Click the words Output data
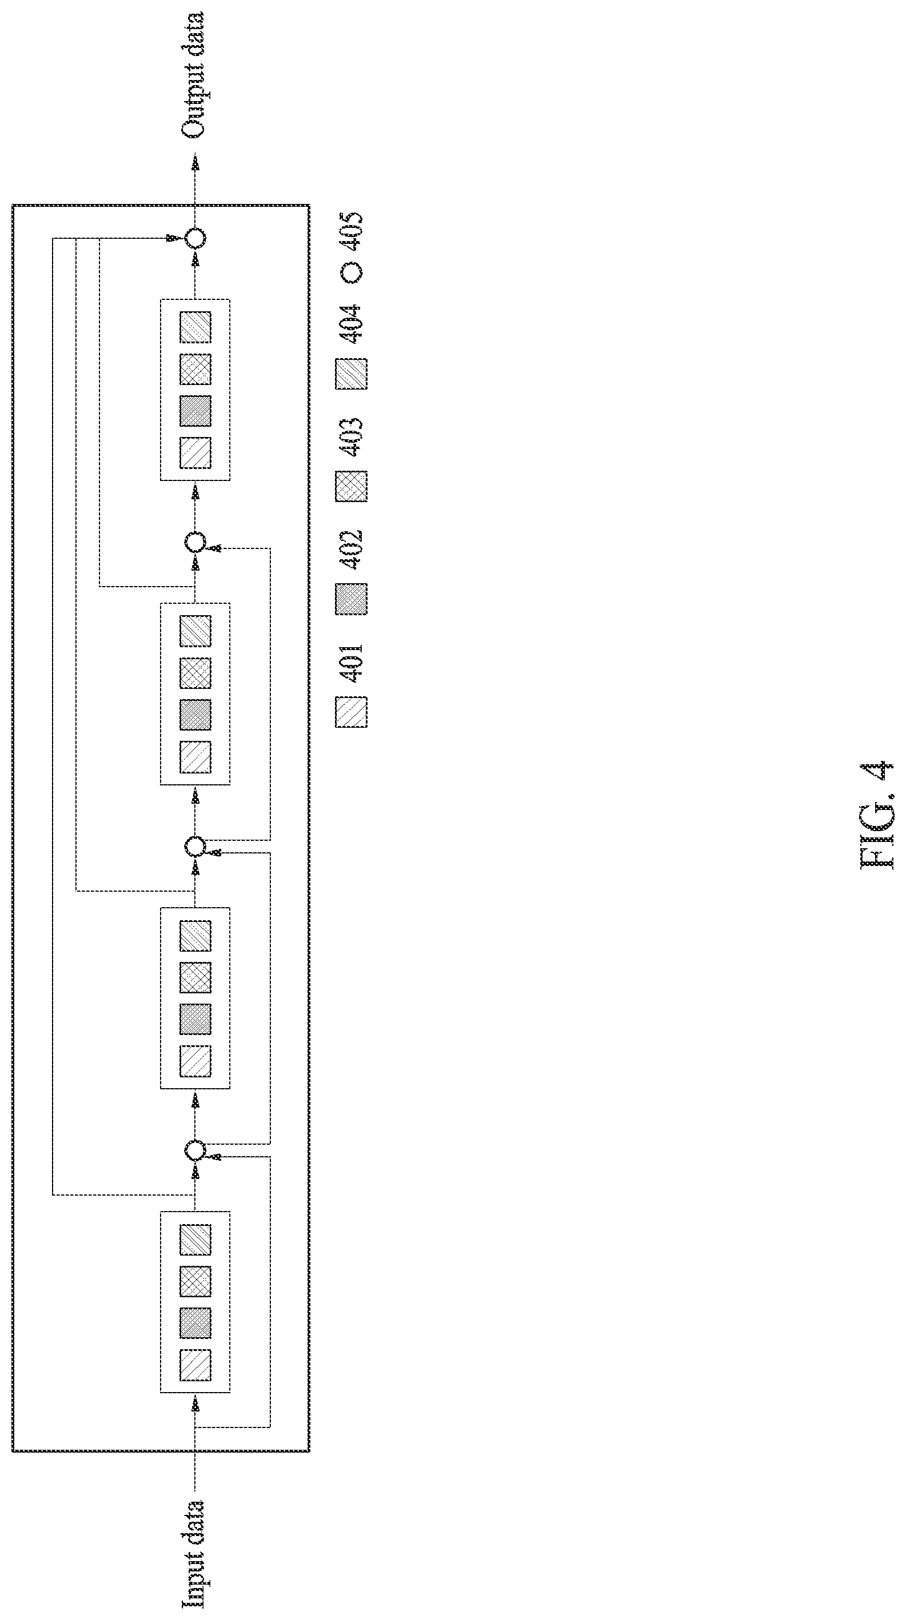coord(194,74)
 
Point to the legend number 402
coord(351,550)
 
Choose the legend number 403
coord(351,436)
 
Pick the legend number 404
coord(351,323)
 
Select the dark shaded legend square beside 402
coord(352,599)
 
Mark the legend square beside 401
coord(352,712)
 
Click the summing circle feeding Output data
coord(195,238)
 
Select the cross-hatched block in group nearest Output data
coord(195,369)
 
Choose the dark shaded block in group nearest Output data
coord(195,411)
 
